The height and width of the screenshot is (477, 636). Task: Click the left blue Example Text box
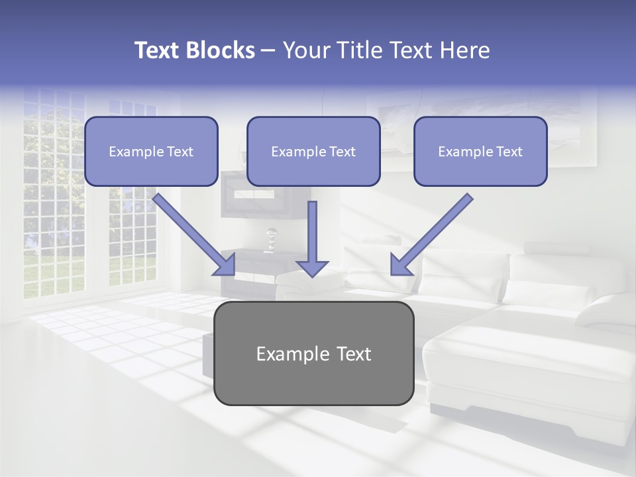pyautogui.click(x=151, y=152)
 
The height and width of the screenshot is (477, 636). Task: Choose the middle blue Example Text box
pyautogui.click(x=313, y=152)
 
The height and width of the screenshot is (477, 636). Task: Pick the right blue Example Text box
pyautogui.click(x=480, y=152)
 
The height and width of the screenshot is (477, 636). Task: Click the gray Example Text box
pyautogui.click(x=313, y=353)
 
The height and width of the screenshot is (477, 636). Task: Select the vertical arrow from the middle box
pyautogui.click(x=312, y=235)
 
